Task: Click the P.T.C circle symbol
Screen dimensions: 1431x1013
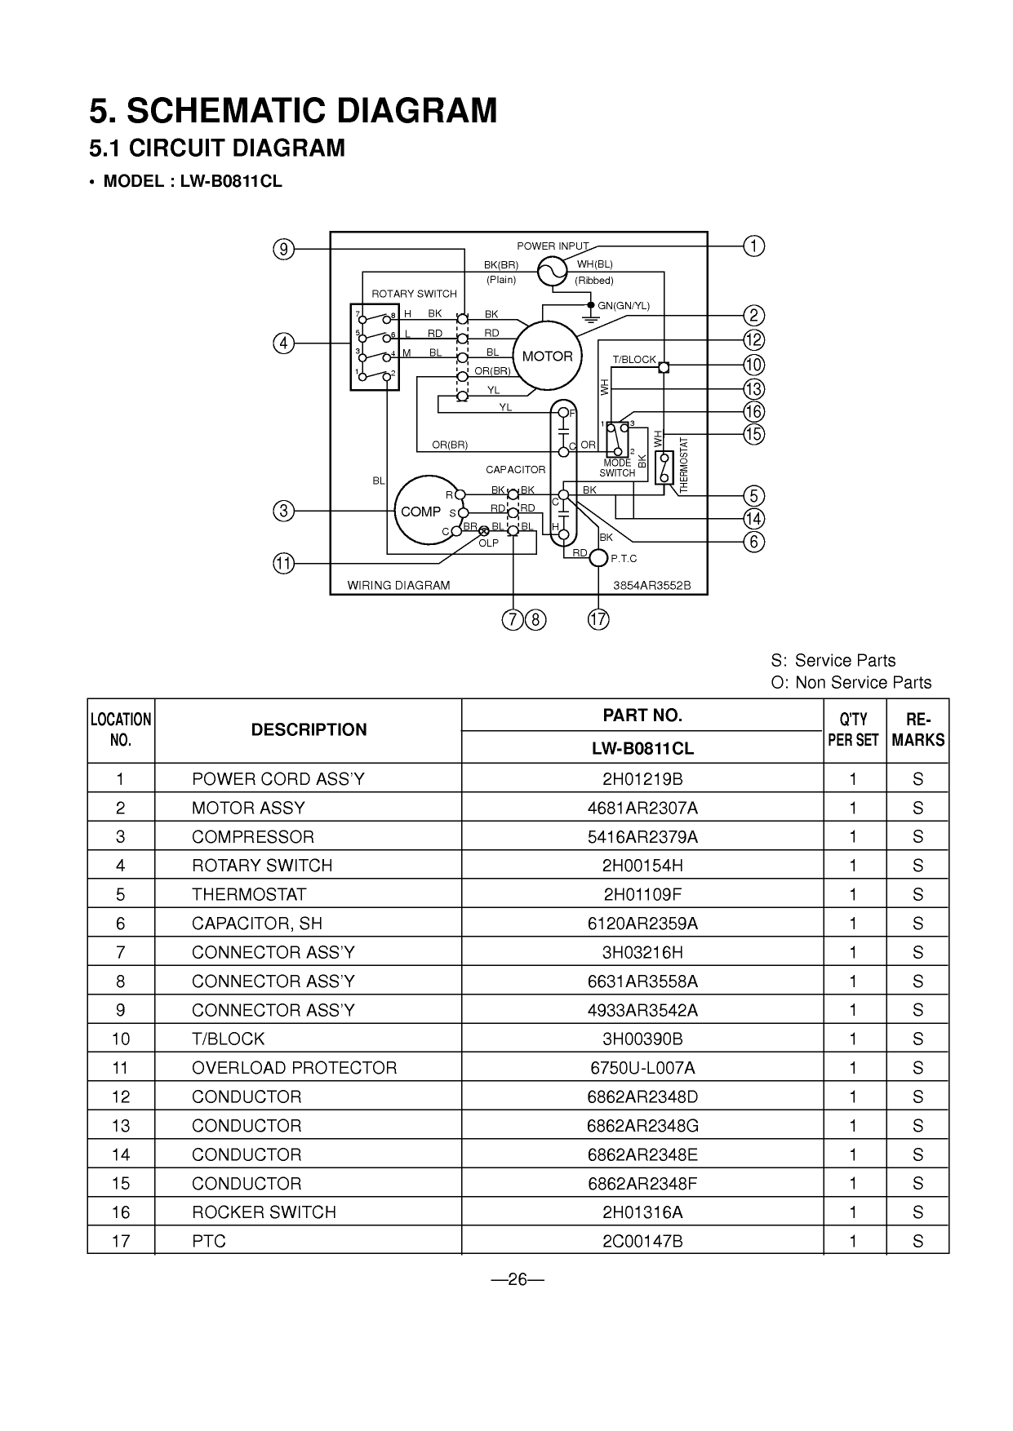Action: [x=599, y=558]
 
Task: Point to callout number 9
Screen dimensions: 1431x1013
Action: [x=283, y=249]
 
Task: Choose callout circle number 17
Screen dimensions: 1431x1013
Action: [x=598, y=619]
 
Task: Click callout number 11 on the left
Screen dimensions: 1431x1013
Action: [x=283, y=563]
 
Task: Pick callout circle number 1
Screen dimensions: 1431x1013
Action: [x=754, y=246]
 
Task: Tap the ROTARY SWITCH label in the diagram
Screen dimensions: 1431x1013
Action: [x=414, y=294]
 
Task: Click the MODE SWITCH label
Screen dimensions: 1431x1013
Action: [x=617, y=468]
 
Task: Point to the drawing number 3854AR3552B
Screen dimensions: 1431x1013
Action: [x=652, y=585]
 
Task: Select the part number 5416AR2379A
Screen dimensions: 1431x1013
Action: [x=642, y=837]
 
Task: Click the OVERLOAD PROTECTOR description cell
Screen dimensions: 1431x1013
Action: [x=294, y=1068]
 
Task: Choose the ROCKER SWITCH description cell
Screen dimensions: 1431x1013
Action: [x=264, y=1212]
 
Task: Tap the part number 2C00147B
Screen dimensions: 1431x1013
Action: [x=642, y=1242]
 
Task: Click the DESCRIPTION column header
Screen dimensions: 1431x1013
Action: [x=309, y=730]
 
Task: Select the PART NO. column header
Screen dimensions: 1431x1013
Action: [x=642, y=715]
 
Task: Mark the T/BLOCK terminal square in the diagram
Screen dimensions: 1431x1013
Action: [x=664, y=366]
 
